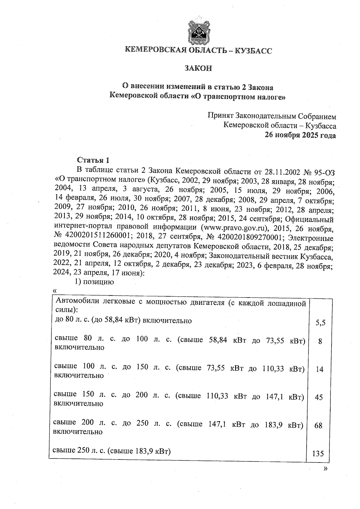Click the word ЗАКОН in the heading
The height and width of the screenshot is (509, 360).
[198, 68]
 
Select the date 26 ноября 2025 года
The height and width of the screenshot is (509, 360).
[300, 135]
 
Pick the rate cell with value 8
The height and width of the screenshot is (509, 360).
[320, 341]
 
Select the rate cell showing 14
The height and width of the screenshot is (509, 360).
[320, 369]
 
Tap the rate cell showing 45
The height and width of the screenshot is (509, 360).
[319, 397]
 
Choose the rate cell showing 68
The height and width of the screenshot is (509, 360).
[319, 425]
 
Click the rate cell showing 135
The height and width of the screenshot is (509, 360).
[318, 454]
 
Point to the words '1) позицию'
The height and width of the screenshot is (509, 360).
[94, 282]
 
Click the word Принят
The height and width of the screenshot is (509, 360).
[220, 116]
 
